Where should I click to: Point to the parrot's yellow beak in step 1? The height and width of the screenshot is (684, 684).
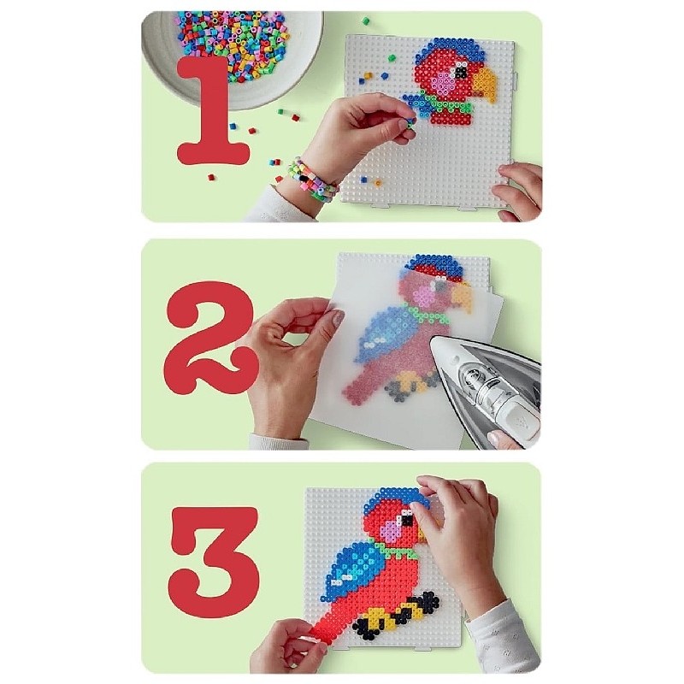[485, 83]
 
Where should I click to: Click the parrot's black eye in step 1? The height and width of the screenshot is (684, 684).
[461, 69]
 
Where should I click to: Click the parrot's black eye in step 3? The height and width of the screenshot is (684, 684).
[408, 520]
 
